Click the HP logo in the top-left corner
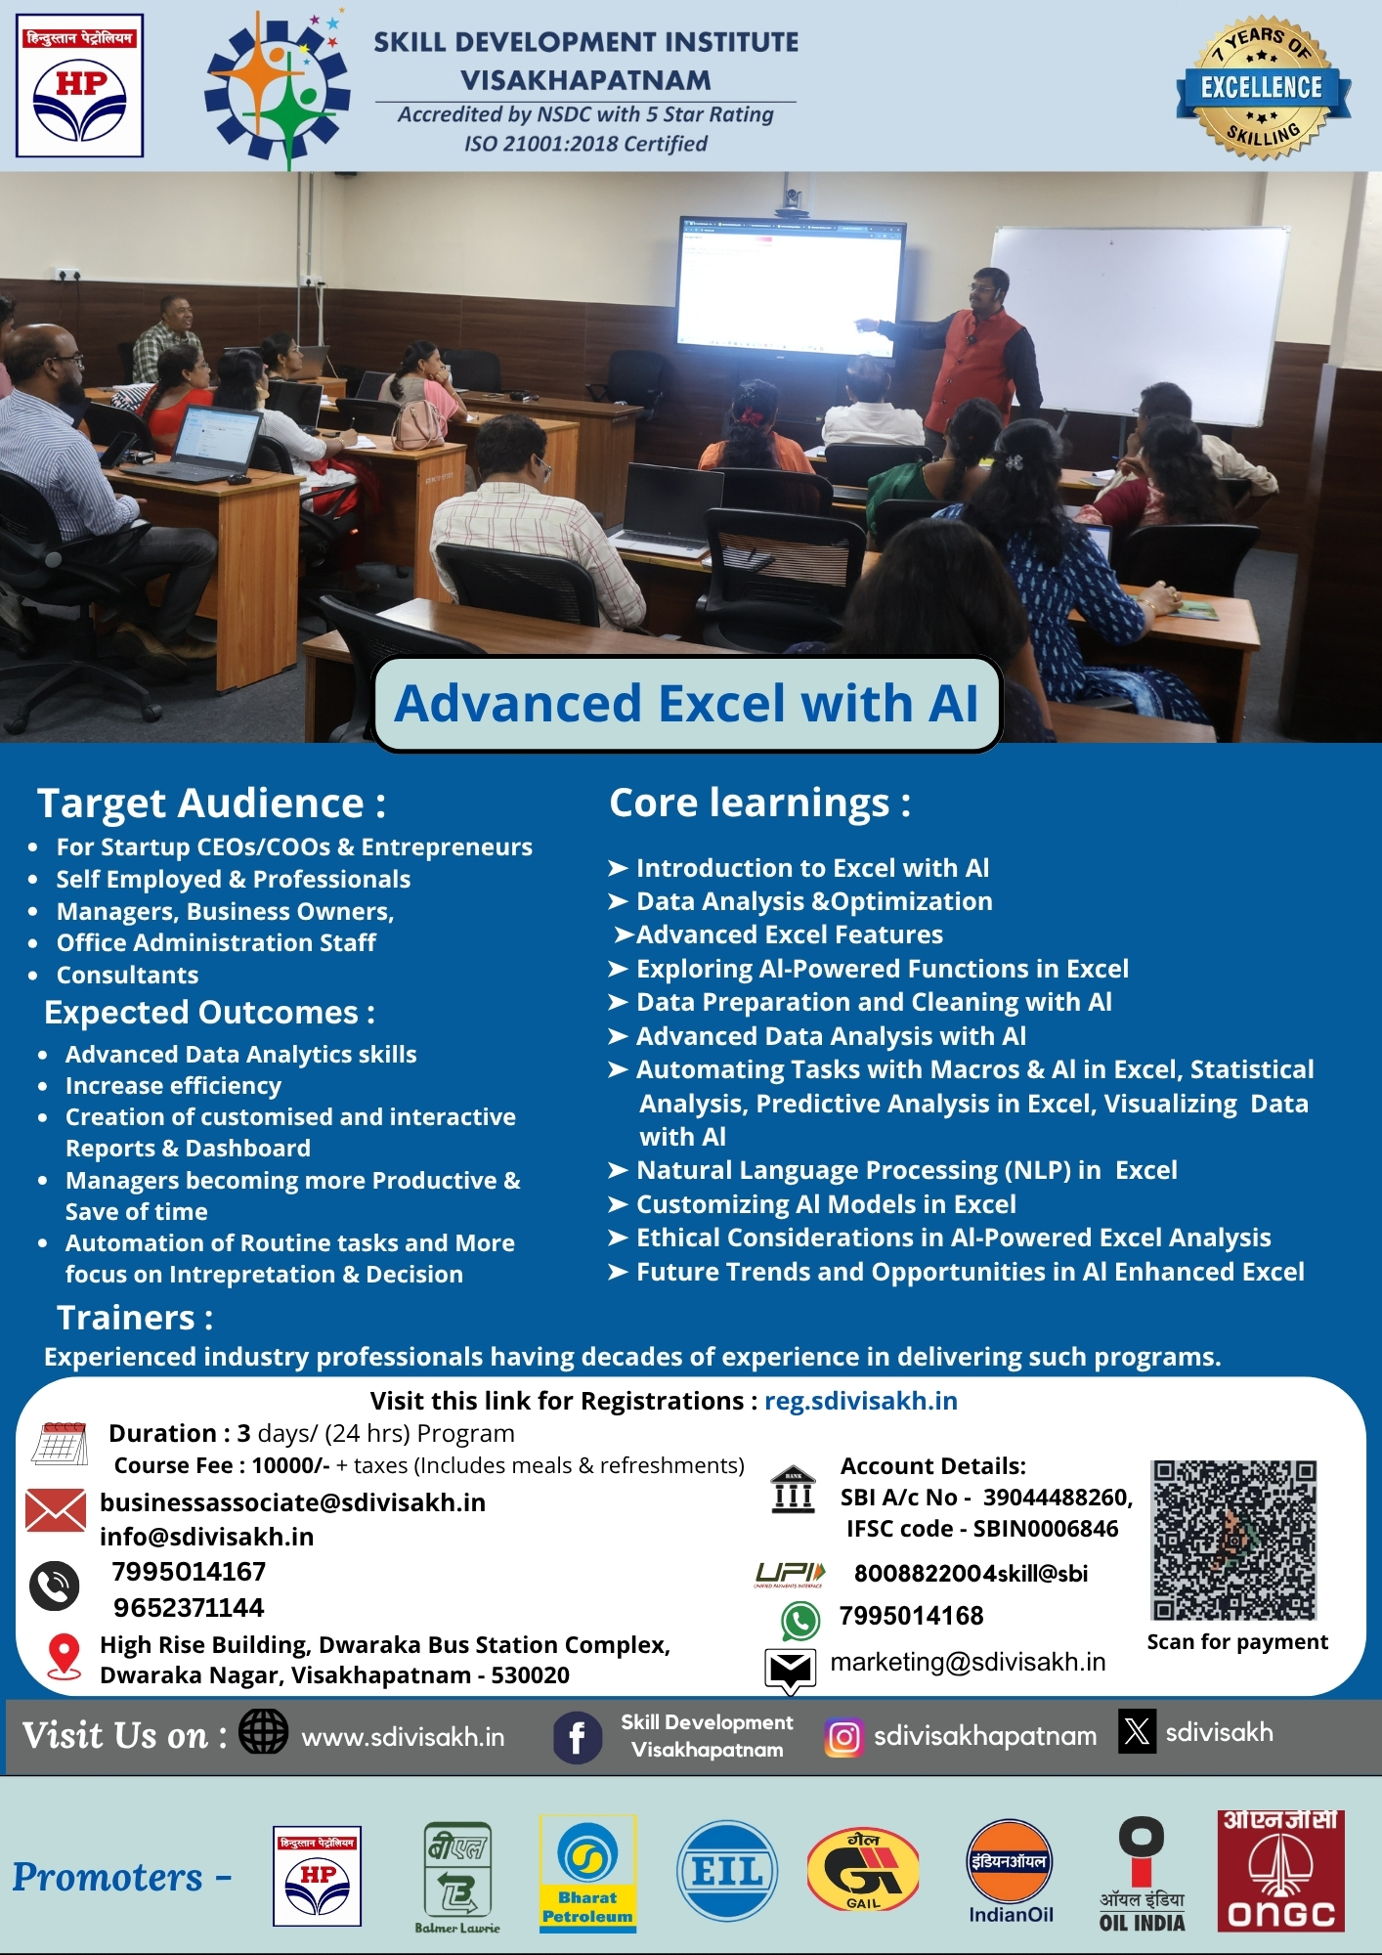tap(80, 85)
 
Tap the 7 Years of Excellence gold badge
tap(1263, 88)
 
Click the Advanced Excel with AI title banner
tap(687, 704)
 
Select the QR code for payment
tap(1234, 1541)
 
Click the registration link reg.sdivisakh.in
tap(861, 1401)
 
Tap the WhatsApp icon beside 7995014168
tap(800, 1620)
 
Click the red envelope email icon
tap(56, 1510)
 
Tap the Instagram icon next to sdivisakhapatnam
tap(844, 1737)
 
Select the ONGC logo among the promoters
tap(1280, 1871)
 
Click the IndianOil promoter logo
tap(1011, 1871)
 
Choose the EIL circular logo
tap(727, 1871)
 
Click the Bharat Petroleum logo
tap(587, 1873)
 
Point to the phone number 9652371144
tap(189, 1608)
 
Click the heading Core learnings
tap(760, 804)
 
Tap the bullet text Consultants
tap(127, 975)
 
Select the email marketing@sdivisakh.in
tap(968, 1662)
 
